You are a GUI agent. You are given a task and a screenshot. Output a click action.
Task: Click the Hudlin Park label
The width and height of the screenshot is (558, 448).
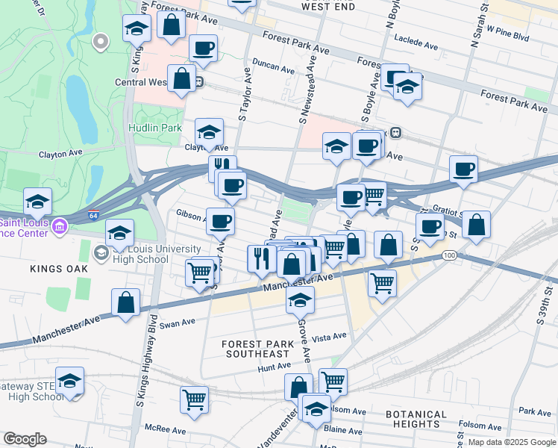point(154,128)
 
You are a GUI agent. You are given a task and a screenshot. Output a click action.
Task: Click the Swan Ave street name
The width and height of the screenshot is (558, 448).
point(177,323)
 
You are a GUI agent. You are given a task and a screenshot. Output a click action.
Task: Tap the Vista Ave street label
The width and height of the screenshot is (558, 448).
point(330,337)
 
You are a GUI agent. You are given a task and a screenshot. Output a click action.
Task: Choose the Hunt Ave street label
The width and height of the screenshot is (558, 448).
point(274,367)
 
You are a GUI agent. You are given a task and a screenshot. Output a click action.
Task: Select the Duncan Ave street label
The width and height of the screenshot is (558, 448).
point(273,67)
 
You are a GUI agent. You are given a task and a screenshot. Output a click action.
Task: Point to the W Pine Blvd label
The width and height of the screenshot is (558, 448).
point(507,35)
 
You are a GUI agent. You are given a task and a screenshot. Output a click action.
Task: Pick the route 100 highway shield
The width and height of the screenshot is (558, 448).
point(448,256)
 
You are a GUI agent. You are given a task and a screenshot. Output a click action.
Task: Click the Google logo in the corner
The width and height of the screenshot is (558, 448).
point(25,439)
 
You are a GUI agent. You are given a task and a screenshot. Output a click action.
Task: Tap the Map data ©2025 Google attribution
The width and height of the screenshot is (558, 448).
point(512,442)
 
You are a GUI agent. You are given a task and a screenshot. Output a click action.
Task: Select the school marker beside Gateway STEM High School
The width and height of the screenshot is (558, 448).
point(69,382)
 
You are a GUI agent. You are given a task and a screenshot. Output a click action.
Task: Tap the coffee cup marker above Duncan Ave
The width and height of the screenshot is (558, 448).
point(203,49)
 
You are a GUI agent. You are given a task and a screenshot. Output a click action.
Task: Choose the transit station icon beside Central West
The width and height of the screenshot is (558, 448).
point(199,83)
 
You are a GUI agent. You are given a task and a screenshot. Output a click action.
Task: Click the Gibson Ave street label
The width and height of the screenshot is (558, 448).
point(191,214)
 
